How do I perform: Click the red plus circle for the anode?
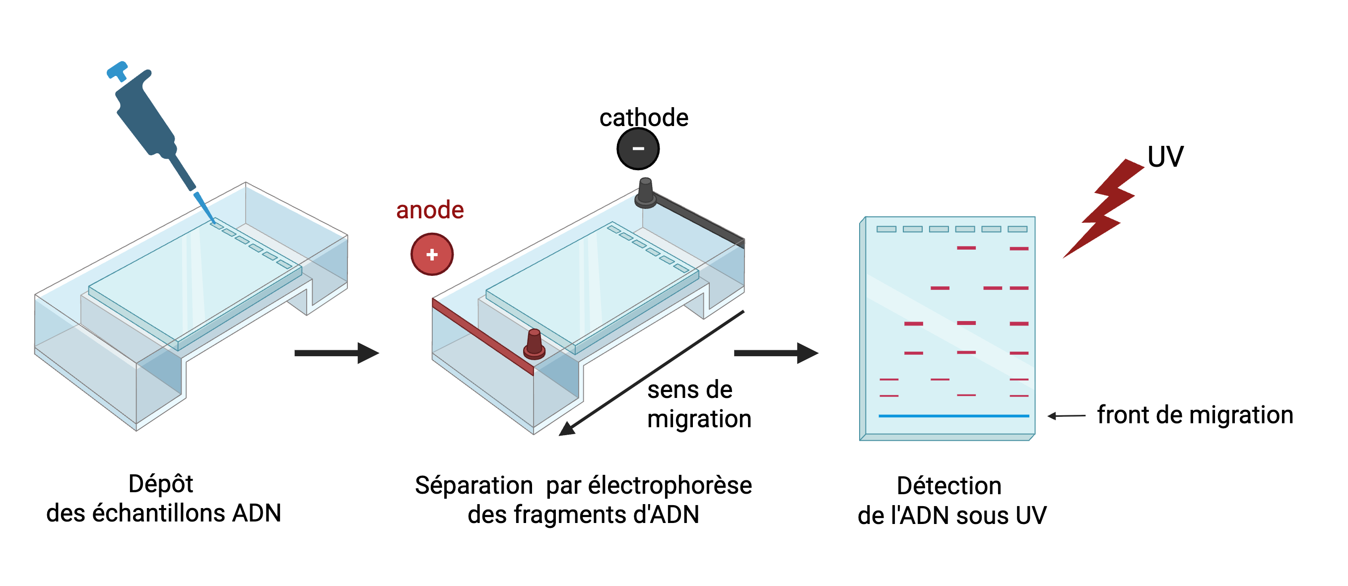click(432, 254)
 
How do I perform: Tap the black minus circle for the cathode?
click(638, 148)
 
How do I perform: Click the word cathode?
click(644, 118)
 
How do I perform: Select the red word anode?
click(430, 210)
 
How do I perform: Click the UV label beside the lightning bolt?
click(1165, 156)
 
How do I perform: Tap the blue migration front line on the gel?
click(953, 416)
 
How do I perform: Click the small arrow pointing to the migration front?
click(1067, 416)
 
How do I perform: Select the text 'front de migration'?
click(1195, 415)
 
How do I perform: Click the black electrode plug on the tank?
click(645, 193)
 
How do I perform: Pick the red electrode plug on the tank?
click(534, 344)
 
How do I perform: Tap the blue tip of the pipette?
click(204, 207)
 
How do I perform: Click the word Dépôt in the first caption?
click(161, 484)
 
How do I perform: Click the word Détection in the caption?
click(949, 486)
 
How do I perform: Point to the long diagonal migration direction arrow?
click(652, 373)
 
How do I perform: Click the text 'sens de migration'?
click(699, 404)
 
